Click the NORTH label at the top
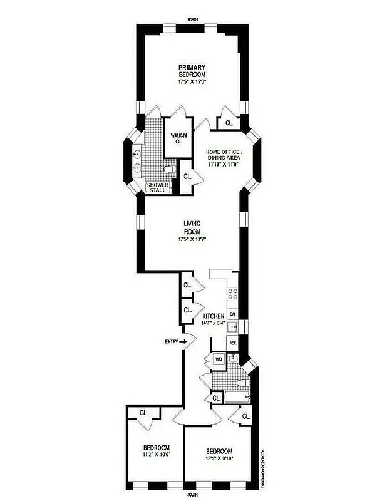(193, 20)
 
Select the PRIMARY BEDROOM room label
(192, 71)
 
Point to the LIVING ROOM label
(192, 227)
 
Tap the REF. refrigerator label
(232, 344)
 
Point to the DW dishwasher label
(232, 314)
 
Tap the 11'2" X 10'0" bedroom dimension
(156, 455)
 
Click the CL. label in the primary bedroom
(229, 123)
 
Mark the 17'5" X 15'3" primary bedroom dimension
(192, 81)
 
